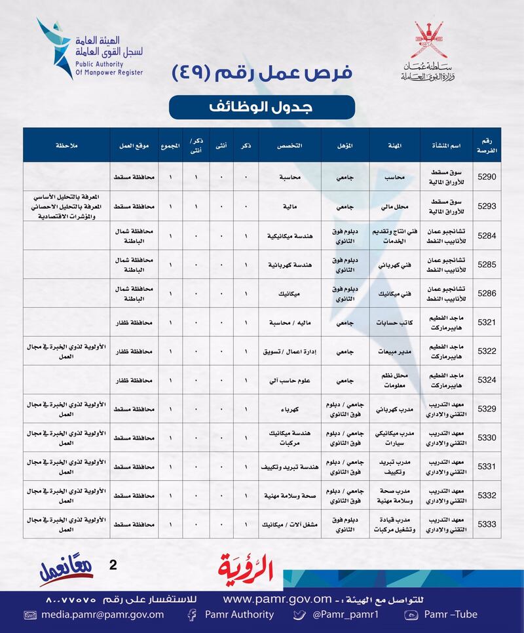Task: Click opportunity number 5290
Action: [x=487, y=177]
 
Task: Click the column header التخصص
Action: [x=290, y=145]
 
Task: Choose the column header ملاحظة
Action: [x=65, y=145]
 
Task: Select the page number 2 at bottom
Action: [x=112, y=563]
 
